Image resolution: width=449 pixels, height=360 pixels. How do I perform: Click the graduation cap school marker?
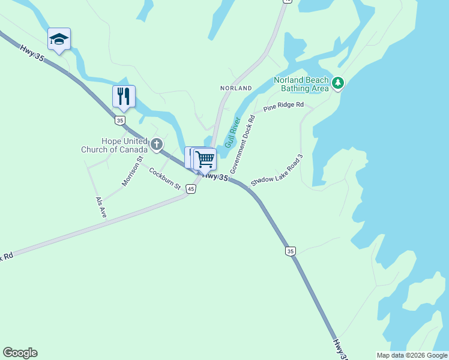(x=59, y=39)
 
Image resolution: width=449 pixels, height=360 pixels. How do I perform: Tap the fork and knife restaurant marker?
(x=124, y=96)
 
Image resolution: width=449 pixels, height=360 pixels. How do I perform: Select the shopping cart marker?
(x=205, y=160)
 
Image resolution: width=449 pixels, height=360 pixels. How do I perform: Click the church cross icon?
(x=157, y=144)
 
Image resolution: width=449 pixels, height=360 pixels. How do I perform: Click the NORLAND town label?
(x=236, y=88)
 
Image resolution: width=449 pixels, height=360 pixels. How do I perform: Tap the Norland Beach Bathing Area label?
(x=301, y=84)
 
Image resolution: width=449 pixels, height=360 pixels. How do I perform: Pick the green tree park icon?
(x=338, y=83)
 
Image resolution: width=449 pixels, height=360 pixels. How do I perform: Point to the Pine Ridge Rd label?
(x=284, y=107)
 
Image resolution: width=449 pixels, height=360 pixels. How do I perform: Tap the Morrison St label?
(x=132, y=172)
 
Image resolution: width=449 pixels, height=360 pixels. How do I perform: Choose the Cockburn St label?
(x=165, y=178)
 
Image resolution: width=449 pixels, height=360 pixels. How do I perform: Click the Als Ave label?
(x=100, y=207)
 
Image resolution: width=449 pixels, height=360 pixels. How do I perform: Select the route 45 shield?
(x=191, y=189)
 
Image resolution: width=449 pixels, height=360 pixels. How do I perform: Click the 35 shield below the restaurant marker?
(x=121, y=121)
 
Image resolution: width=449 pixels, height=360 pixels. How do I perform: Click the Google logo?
(x=20, y=353)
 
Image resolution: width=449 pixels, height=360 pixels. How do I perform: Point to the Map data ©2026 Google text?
(x=412, y=355)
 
